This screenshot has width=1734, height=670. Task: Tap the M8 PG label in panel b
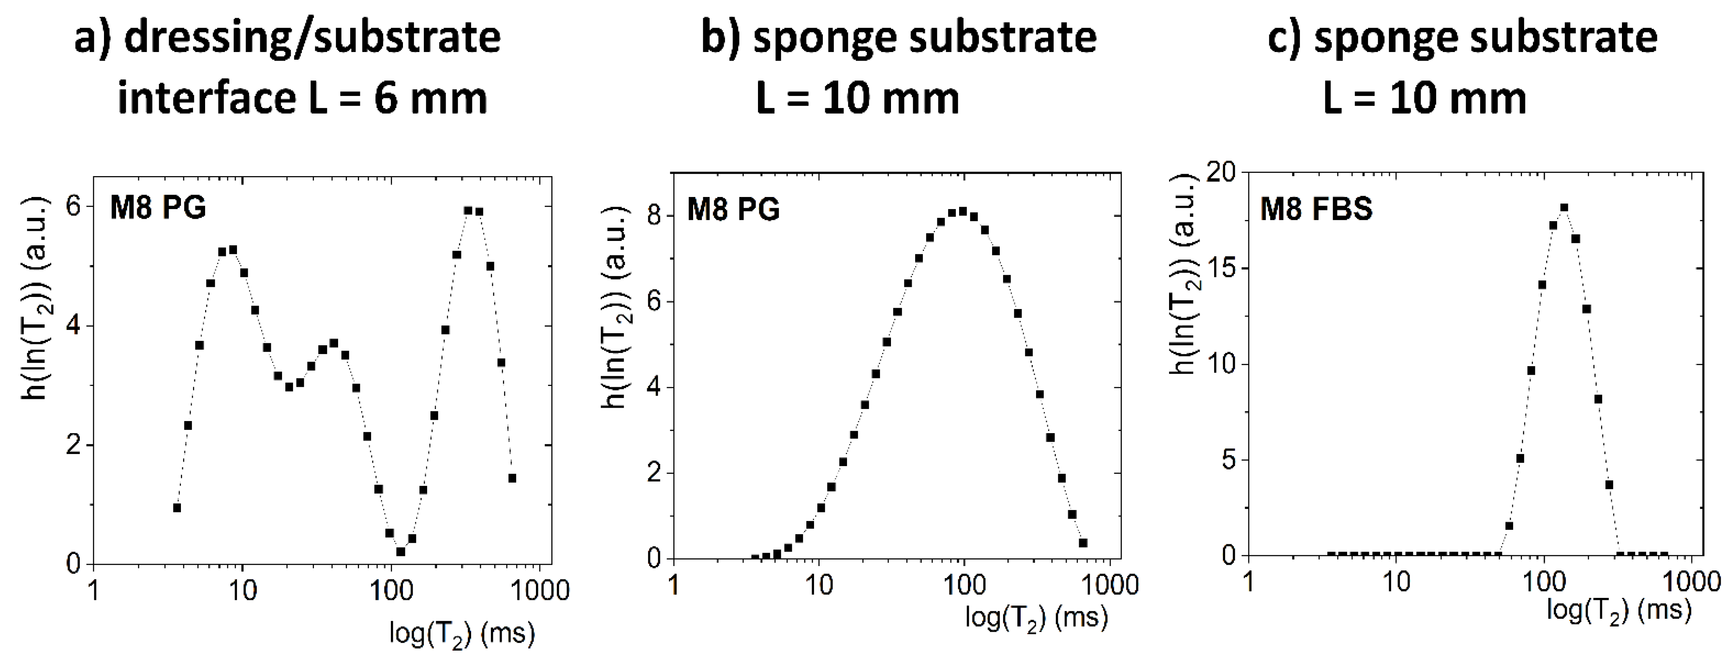click(x=733, y=209)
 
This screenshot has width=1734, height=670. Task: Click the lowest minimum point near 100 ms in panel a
click(x=401, y=552)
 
